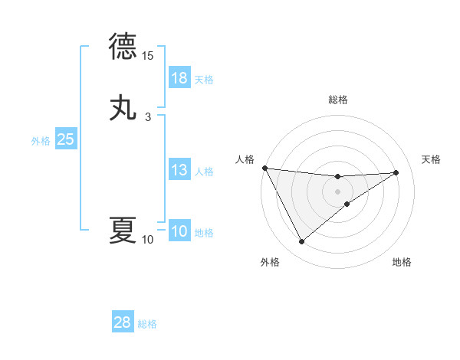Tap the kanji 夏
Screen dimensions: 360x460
tap(123, 230)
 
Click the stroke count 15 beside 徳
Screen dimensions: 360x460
tap(148, 56)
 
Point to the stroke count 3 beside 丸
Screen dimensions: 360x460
tap(148, 117)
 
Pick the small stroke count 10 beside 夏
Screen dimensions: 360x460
tap(148, 240)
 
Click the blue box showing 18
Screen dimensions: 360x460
tap(179, 77)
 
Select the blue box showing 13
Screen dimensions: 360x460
tap(179, 170)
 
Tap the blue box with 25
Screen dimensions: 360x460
tap(66, 139)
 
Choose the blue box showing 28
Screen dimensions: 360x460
tap(123, 322)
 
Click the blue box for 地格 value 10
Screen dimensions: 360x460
tap(179, 231)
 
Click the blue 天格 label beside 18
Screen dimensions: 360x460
tap(204, 79)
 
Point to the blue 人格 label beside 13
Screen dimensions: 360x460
tap(204, 172)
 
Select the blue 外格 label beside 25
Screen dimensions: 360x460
tap(40, 141)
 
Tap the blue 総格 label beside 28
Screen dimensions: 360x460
tap(147, 324)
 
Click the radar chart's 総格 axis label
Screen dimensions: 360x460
tap(338, 100)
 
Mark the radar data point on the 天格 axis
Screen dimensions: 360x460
tap(396, 172)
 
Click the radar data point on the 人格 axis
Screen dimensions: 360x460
tap(264, 168)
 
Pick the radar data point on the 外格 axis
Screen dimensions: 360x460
tap(301, 242)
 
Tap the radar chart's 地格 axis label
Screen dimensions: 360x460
tap(402, 263)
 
